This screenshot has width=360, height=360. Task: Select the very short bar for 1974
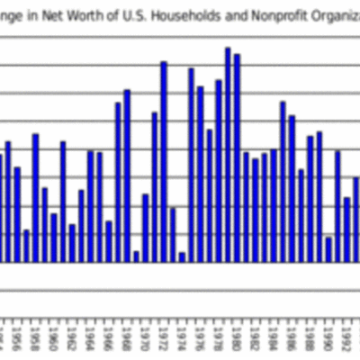point(182,257)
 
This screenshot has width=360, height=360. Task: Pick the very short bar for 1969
point(136,256)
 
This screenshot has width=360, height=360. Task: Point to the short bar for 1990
point(328,249)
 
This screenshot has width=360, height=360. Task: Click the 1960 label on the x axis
point(54,343)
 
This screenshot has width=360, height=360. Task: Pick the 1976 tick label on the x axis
point(200,343)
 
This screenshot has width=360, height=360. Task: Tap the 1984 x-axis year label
point(273,343)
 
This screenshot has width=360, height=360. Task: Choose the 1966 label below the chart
point(109,343)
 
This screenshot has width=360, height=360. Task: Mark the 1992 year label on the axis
point(346,343)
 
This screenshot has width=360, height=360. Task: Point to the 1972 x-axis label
point(164,343)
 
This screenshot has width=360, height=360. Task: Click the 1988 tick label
point(310,343)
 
